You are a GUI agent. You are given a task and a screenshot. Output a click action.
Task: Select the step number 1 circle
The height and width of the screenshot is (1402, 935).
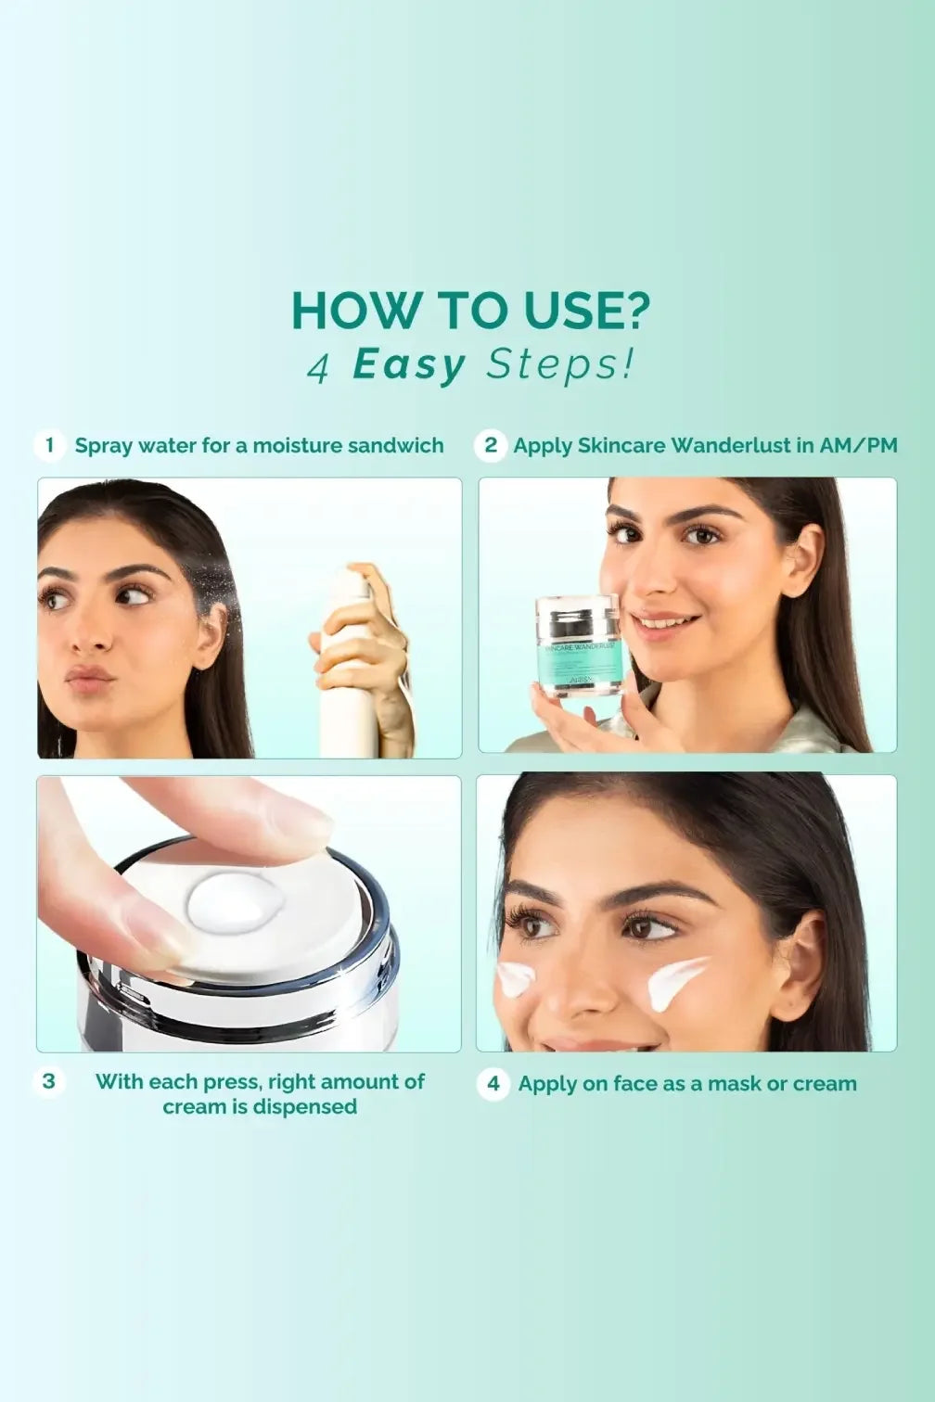(49, 445)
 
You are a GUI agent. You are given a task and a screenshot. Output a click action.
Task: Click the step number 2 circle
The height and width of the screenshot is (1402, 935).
(491, 445)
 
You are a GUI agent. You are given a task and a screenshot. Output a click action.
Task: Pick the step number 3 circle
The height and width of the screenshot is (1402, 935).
(49, 1081)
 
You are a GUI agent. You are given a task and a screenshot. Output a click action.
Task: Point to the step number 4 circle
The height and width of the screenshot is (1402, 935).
(493, 1083)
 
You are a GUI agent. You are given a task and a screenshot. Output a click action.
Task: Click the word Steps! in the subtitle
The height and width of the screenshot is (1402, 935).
(560, 364)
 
